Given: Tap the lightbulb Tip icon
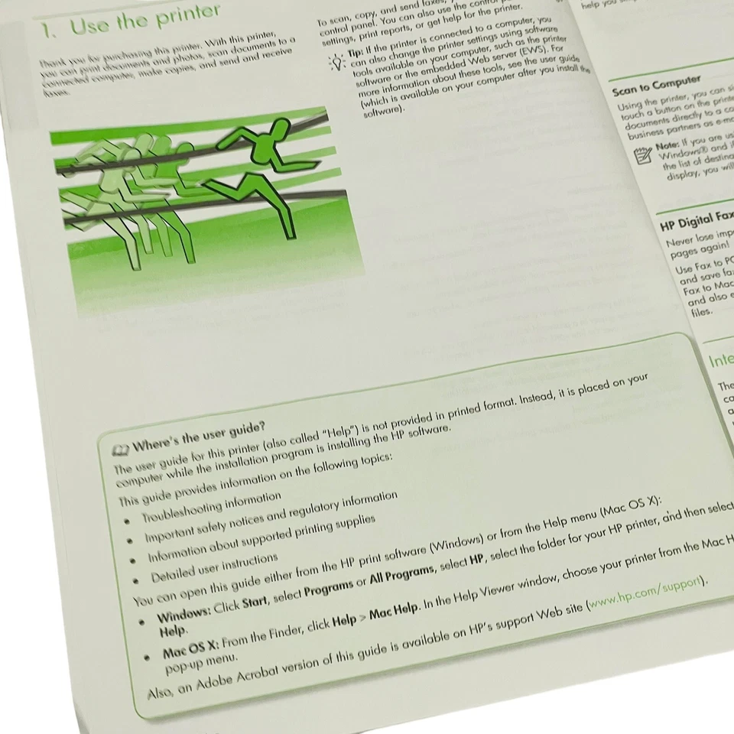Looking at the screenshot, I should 335,61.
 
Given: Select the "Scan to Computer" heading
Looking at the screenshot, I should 656,83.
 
